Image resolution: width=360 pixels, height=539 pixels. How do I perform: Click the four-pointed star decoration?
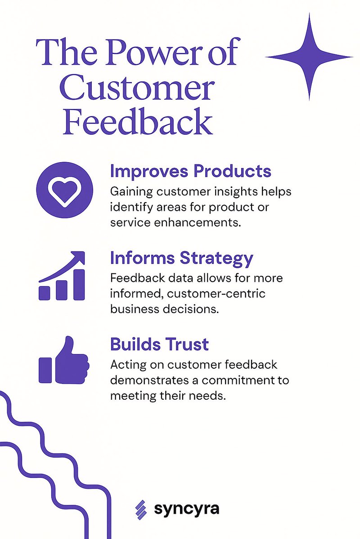(309, 57)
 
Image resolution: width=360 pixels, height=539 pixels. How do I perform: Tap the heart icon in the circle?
(64, 191)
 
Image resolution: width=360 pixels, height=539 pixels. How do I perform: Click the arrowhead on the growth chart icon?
(78, 257)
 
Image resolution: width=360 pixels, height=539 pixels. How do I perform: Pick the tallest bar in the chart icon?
(78, 285)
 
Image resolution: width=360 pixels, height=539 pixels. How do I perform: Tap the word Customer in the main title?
(136, 89)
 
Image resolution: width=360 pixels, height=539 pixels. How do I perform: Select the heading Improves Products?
(191, 171)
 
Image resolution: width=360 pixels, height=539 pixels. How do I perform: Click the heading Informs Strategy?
(182, 258)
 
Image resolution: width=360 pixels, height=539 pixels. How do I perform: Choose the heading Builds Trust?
(159, 344)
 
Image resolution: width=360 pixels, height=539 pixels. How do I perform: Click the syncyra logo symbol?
(141, 509)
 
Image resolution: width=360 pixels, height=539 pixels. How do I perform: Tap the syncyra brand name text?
(186, 509)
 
